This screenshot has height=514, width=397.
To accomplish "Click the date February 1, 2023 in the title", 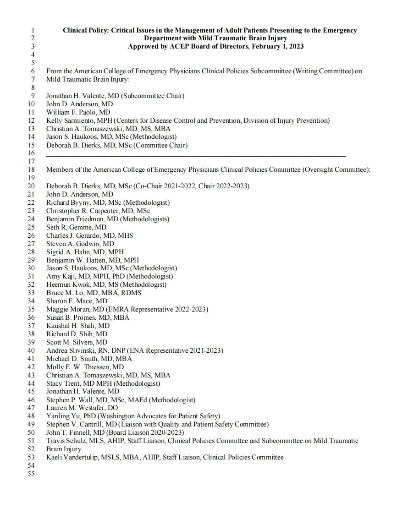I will point(275,46).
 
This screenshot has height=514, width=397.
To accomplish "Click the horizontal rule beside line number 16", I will point(196,157).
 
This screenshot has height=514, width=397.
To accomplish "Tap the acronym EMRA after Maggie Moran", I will point(118,310).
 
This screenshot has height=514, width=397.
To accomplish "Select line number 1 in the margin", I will point(33,30).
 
